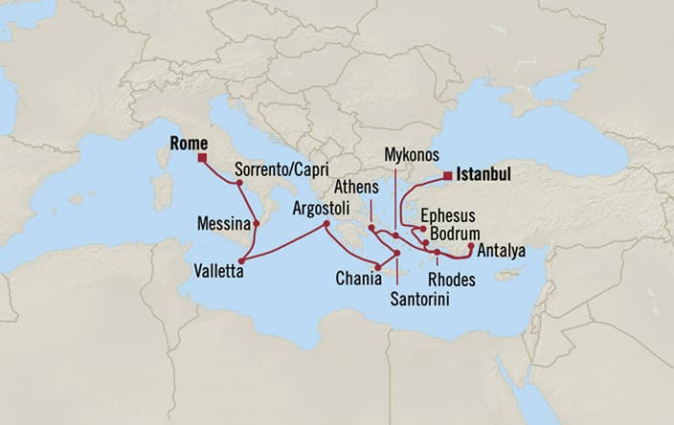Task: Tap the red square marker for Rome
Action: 203,158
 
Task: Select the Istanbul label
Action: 484,175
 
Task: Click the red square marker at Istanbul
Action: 447,175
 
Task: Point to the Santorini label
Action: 421,299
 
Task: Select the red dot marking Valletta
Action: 243,258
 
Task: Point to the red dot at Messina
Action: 257,224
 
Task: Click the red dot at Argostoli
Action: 326,224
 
